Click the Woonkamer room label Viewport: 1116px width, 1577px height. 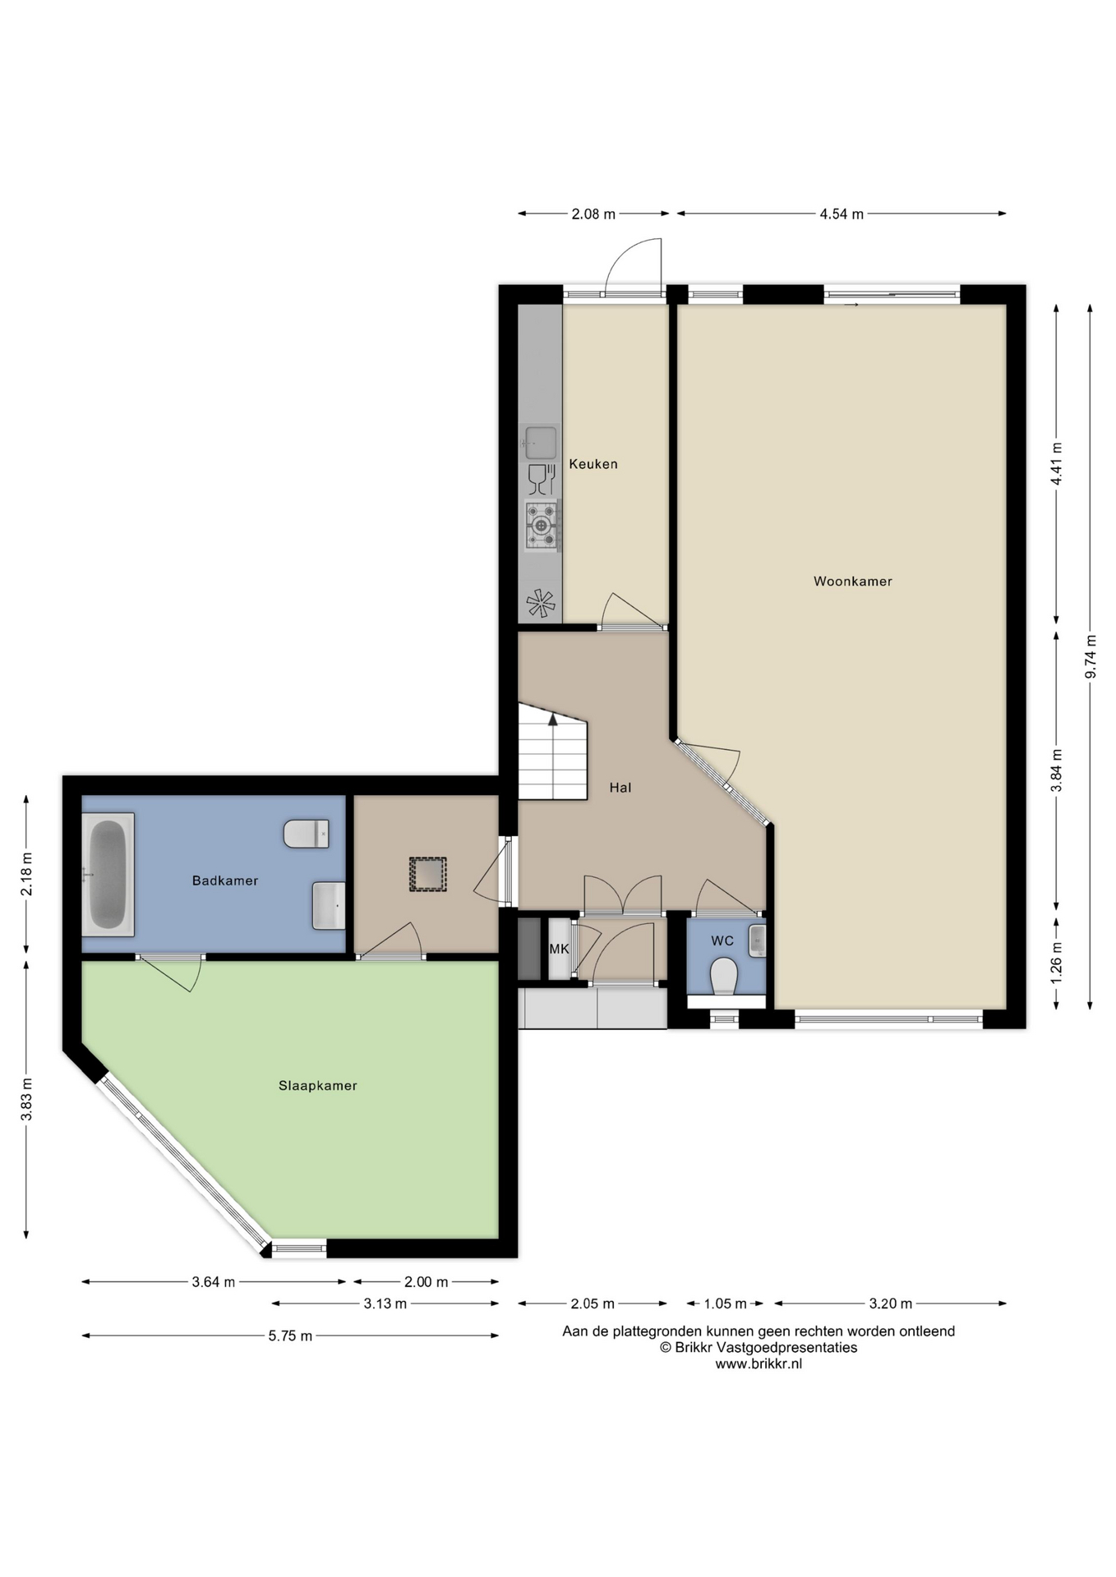pyautogui.click(x=852, y=582)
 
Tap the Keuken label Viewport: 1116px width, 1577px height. pyautogui.click(x=593, y=464)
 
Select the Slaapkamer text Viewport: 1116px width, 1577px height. pyautogui.click(x=317, y=1086)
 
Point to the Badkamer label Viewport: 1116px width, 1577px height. pyautogui.click(x=224, y=880)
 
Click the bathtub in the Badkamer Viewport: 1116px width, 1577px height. pyautogui.click(x=108, y=875)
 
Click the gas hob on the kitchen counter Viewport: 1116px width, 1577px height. pyautogui.click(x=542, y=525)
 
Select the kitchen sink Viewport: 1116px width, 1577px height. pyautogui.click(x=540, y=444)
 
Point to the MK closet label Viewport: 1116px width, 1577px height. pyautogui.click(x=559, y=949)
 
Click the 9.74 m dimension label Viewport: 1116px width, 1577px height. pyautogui.click(x=1091, y=656)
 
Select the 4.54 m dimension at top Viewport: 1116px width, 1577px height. pyautogui.click(x=842, y=214)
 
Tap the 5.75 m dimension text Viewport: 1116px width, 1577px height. pyautogui.click(x=290, y=1336)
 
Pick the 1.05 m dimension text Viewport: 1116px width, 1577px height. pyautogui.click(x=725, y=1303)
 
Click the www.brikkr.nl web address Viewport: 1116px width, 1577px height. pyautogui.click(x=759, y=1364)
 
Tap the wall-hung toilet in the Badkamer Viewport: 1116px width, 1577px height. pyautogui.click(x=307, y=833)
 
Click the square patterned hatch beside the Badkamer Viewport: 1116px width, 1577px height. pyautogui.click(x=428, y=874)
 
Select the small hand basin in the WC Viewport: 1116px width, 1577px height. pyautogui.click(x=757, y=941)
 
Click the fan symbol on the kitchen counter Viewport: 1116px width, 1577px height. pyautogui.click(x=540, y=604)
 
